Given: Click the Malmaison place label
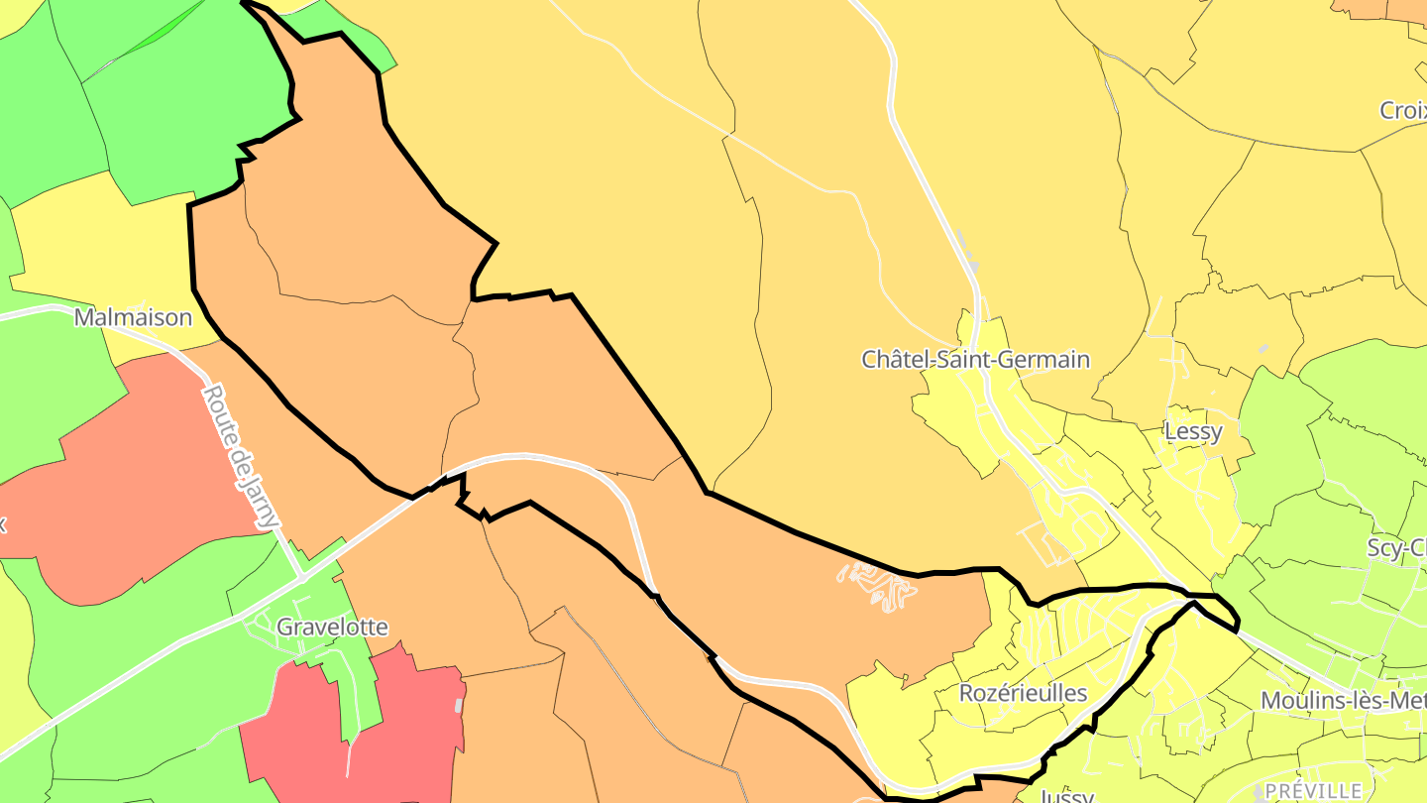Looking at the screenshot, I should [x=133, y=318].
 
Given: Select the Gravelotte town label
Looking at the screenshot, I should [x=332, y=627].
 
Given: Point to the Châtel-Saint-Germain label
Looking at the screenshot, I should [x=975, y=359].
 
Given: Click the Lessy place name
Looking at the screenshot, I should [x=1192, y=432].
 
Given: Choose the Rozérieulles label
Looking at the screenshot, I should [x=1023, y=693].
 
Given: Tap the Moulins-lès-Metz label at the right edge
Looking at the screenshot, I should [x=1343, y=701].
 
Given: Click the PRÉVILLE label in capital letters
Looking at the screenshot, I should [x=1313, y=790].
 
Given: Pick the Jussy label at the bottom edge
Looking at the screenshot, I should [x=1066, y=795].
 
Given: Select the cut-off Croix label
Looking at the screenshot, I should [x=1401, y=110].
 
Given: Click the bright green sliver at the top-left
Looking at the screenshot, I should [x=159, y=30].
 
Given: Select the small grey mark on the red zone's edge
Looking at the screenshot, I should [x=458, y=705].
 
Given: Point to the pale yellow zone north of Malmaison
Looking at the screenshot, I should [x=99, y=248].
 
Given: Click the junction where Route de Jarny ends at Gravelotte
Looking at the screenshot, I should [x=300, y=572].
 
